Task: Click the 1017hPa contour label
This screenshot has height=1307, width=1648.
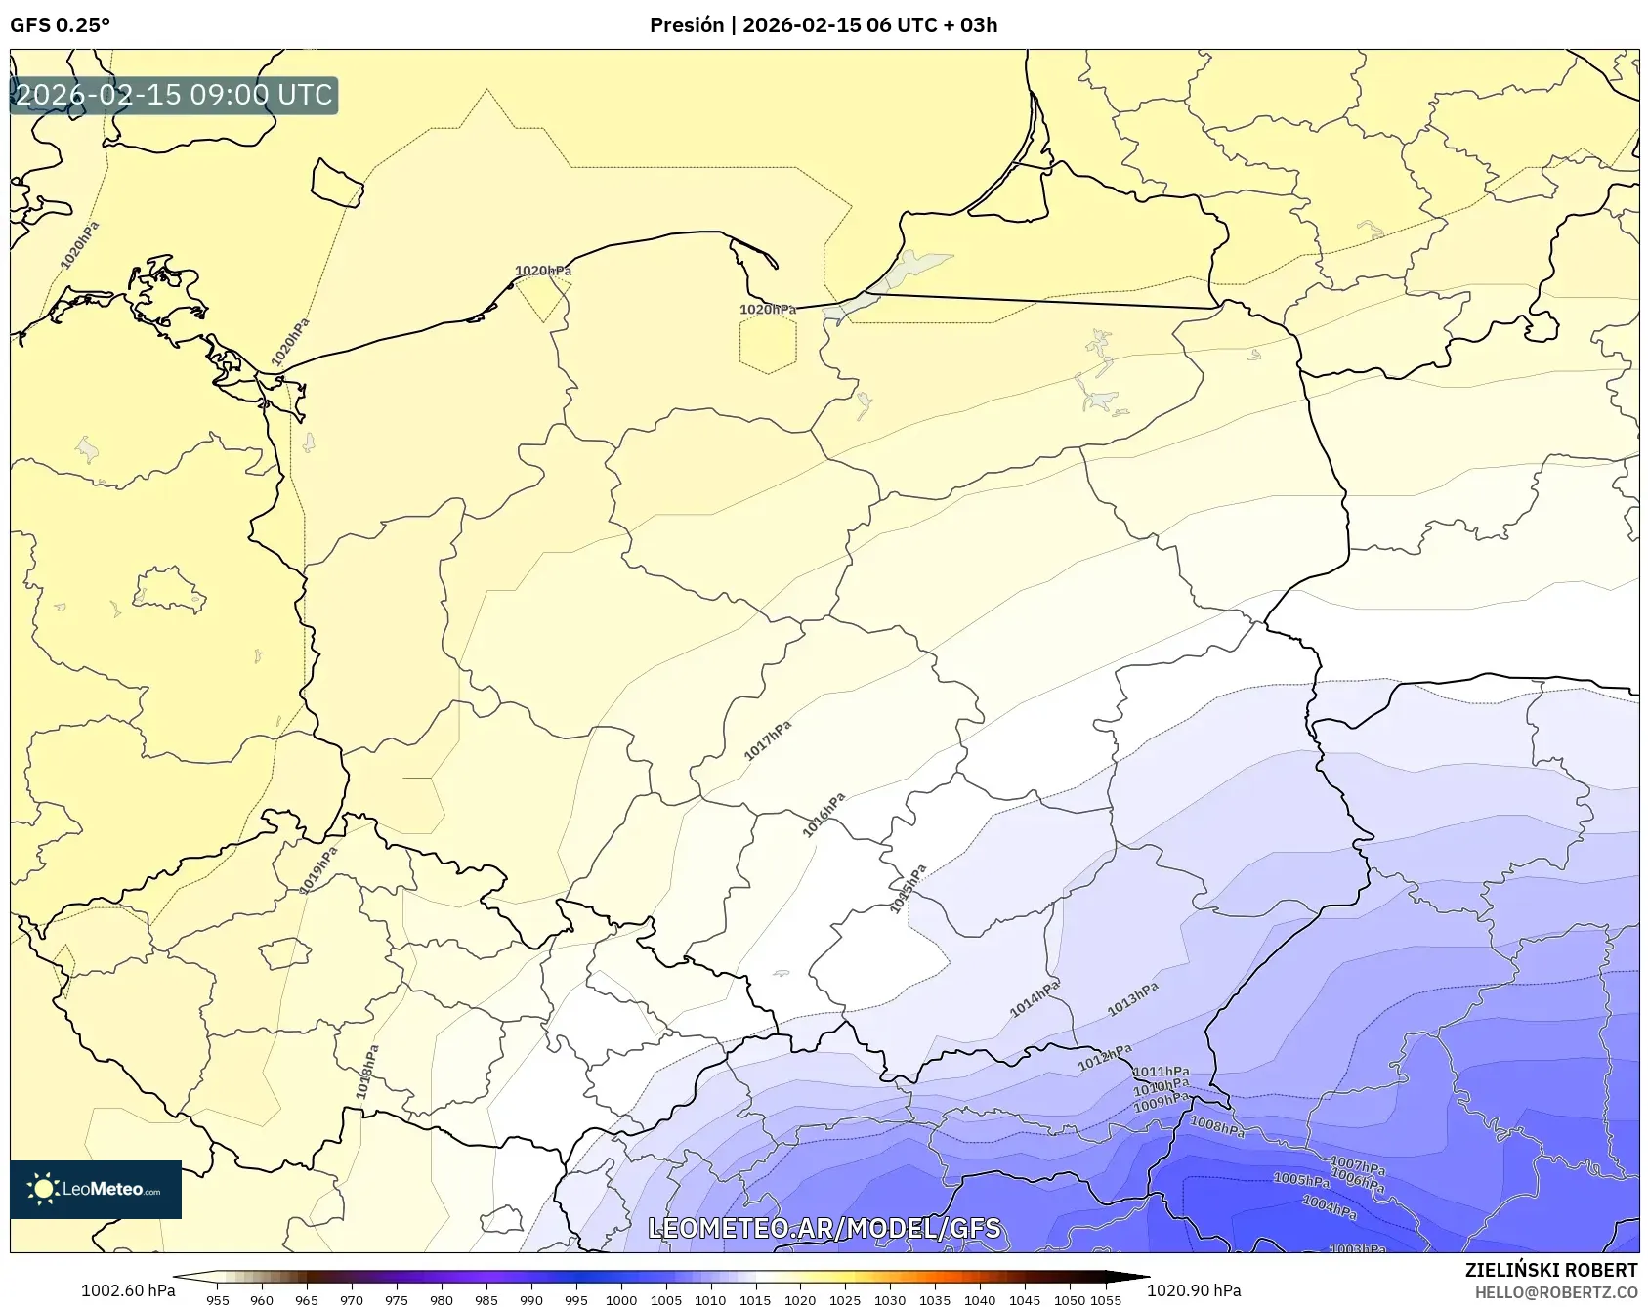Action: pyautogui.click(x=768, y=740)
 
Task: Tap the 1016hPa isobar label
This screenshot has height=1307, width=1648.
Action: pyautogui.click(x=824, y=815)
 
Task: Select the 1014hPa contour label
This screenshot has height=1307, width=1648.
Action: pyautogui.click(x=1035, y=998)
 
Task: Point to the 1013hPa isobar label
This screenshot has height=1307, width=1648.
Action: pyautogui.click(x=1133, y=999)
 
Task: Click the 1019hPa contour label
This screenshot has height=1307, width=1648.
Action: pyautogui.click(x=318, y=869)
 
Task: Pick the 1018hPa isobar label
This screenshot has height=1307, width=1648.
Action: pyautogui.click(x=367, y=1072)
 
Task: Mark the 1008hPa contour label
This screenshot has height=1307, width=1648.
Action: pyautogui.click(x=1217, y=1127)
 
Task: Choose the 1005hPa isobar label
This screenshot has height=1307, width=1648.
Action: pyautogui.click(x=1301, y=1180)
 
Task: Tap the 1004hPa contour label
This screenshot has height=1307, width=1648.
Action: pyautogui.click(x=1330, y=1208)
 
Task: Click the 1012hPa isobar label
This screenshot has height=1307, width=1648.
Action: pyautogui.click(x=1105, y=1057)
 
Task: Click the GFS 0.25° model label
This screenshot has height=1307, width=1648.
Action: pyautogui.click(x=61, y=25)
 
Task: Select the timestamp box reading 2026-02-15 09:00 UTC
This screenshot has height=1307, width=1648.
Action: pyautogui.click(x=174, y=96)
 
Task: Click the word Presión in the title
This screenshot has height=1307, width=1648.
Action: pyautogui.click(x=687, y=25)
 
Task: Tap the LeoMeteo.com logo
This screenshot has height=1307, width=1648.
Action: pyautogui.click(x=96, y=1189)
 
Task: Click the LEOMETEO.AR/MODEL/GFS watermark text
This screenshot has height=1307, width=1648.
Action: pyautogui.click(x=824, y=1228)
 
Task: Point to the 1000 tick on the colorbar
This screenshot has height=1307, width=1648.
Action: pyautogui.click(x=621, y=1299)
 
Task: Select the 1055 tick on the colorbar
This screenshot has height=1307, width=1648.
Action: pyautogui.click(x=1106, y=1299)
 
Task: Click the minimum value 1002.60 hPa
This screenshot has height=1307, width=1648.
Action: pyautogui.click(x=128, y=1290)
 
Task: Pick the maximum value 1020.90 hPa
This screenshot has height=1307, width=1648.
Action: pyautogui.click(x=1194, y=1290)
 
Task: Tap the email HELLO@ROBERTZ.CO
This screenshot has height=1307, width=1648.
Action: pyautogui.click(x=1555, y=1292)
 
